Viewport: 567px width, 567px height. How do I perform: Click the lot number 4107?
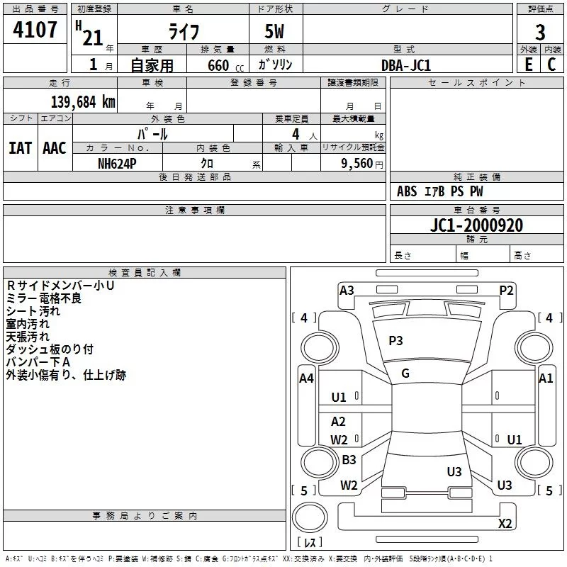(x=35, y=30)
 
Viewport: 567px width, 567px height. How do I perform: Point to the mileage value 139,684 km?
(x=83, y=101)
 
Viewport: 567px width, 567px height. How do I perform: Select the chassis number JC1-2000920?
(x=477, y=225)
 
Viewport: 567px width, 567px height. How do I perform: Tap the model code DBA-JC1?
(x=406, y=64)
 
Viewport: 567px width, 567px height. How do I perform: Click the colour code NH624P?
(x=118, y=162)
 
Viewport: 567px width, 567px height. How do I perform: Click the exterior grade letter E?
(x=528, y=64)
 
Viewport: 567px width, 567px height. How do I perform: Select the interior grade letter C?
(x=551, y=64)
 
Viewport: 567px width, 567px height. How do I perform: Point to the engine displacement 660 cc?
(x=220, y=65)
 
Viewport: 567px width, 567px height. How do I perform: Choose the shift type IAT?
(x=20, y=147)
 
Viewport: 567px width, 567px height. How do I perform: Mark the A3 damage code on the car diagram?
(x=347, y=290)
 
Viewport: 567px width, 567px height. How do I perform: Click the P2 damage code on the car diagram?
(x=506, y=290)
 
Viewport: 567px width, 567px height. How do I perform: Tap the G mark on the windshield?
(x=405, y=374)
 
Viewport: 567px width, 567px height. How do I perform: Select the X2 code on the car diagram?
(x=505, y=523)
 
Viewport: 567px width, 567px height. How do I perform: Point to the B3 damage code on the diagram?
(x=349, y=460)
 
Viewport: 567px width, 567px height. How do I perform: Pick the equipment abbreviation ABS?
(x=407, y=191)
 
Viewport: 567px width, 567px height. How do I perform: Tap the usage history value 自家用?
(x=152, y=65)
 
